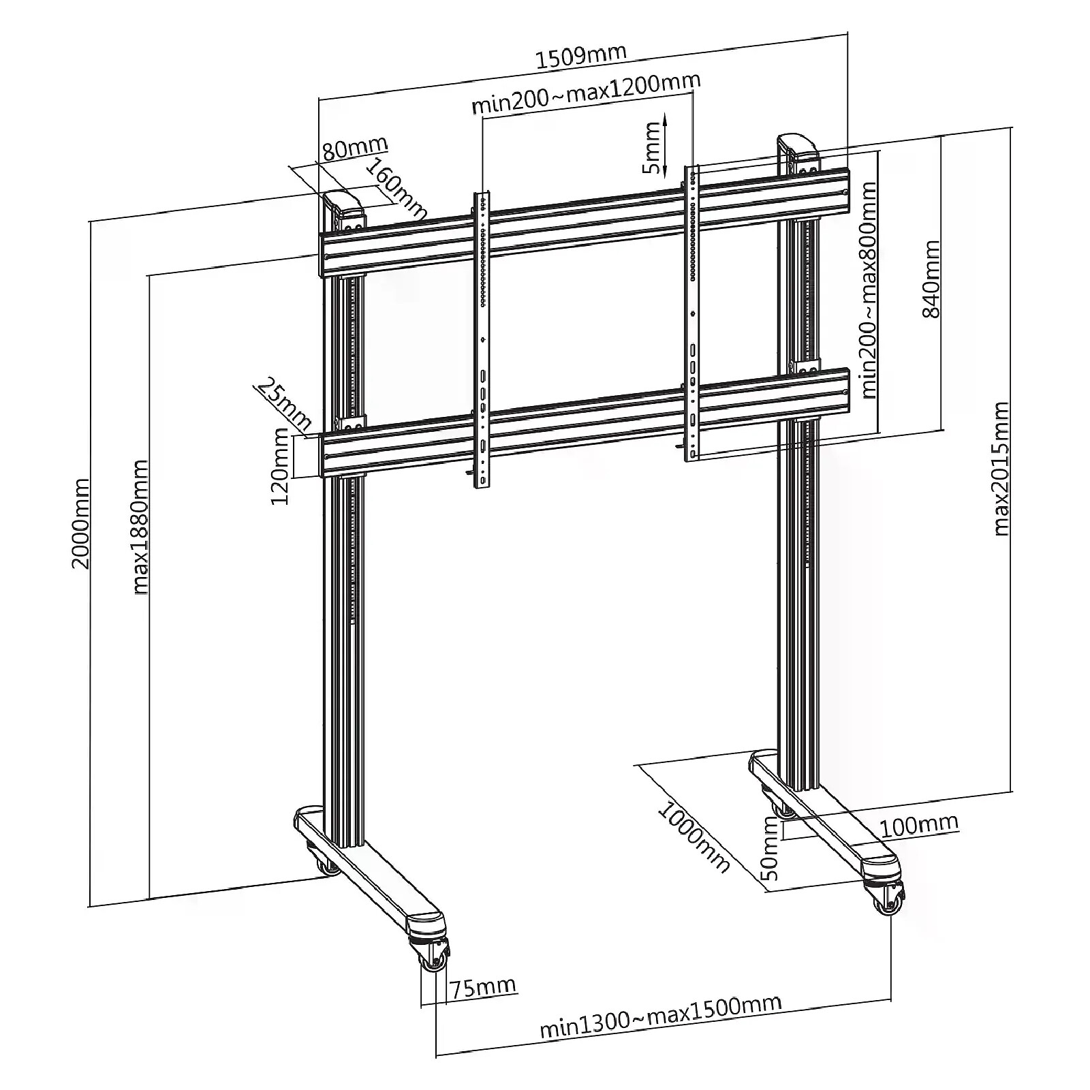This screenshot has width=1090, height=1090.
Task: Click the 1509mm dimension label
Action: pos(580,55)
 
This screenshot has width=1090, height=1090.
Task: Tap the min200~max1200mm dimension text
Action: pos(586,93)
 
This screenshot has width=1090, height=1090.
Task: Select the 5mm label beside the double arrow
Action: pos(653,149)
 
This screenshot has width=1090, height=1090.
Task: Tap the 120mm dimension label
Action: pos(280,466)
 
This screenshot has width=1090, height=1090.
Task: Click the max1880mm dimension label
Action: pos(140,527)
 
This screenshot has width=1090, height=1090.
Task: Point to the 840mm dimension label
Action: pos(931,279)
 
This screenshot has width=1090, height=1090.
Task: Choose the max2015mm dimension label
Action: pos(1000,469)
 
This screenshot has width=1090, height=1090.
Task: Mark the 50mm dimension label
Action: pos(770,849)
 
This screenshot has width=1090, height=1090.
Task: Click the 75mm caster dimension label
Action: pos(482,987)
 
